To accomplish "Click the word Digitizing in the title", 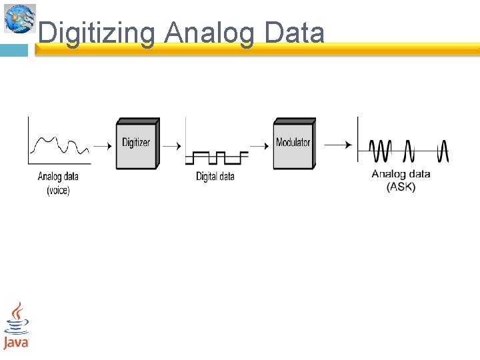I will (97, 33).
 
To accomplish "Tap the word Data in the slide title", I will (294, 33).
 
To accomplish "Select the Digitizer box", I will (137, 143).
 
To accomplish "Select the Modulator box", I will (293, 143).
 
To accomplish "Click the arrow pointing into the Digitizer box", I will (102, 145).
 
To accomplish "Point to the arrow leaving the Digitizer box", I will (171, 145).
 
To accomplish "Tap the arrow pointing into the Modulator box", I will (259, 145).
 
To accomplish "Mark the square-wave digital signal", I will (217, 158).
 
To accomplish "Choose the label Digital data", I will (215, 177).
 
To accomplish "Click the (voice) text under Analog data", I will (58, 190).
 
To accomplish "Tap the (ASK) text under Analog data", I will (401, 187).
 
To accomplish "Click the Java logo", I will (15, 327).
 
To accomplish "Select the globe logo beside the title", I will (19, 18).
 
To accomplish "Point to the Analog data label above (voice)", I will (58, 177).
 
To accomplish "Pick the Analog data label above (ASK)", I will (401, 174).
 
